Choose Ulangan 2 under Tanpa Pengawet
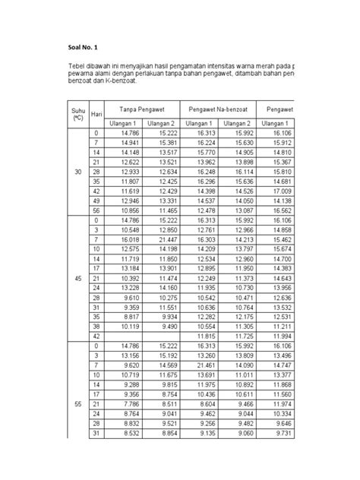click(161, 124)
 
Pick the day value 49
click(96, 200)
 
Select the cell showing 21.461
click(205, 365)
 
